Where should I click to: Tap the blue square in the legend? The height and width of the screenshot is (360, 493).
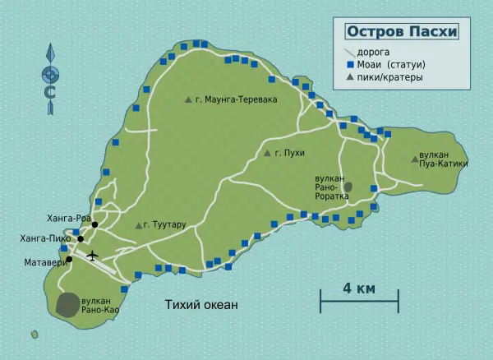(x=349, y=64)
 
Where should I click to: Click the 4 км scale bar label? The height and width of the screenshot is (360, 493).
(x=359, y=288)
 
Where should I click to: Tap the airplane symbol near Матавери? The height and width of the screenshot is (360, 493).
(x=92, y=255)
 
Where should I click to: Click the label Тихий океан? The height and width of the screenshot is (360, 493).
(x=200, y=305)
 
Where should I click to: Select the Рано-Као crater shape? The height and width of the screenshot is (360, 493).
(x=69, y=304)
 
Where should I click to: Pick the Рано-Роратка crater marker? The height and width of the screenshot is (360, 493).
(x=348, y=187)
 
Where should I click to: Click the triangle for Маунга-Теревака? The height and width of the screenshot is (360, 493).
(x=188, y=99)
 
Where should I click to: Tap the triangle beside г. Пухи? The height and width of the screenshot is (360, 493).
(x=267, y=153)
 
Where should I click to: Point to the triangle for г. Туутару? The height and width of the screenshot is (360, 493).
(x=138, y=225)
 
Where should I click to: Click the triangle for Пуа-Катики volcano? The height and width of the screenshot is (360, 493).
(x=414, y=159)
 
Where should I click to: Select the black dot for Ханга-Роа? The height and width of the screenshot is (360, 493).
(x=95, y=224)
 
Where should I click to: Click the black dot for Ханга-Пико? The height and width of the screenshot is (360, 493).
(x=81, y=239)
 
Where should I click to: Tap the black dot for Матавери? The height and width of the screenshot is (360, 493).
(x=69, y=260)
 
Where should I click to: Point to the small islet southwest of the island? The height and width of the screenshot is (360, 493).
(x=35, y=335)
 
